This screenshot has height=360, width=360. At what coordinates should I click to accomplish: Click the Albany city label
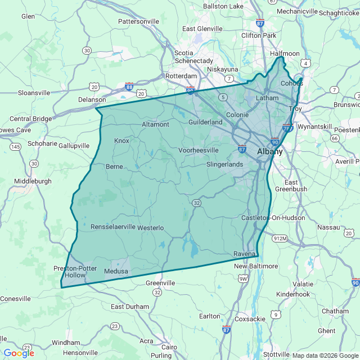click(270, 152)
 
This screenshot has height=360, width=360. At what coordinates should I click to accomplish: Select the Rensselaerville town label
click(113, 227)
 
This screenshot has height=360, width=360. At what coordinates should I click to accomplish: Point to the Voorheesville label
click(198, 151)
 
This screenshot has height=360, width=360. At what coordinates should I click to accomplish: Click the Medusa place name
click(116, 272)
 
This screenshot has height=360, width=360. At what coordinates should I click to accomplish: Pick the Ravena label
click(245, 254)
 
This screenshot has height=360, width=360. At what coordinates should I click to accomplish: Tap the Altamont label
click(155, 124)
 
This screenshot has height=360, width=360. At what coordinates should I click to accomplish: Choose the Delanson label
click(92, 99)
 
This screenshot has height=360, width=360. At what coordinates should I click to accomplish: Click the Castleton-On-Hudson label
click(273, 218)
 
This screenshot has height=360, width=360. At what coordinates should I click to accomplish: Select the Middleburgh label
click(33, 181)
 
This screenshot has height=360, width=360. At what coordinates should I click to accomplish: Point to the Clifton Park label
click(259, 35)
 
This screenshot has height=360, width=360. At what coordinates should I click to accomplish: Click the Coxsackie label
click(250, 318)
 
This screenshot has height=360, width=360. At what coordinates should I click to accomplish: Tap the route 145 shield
click(16, 147)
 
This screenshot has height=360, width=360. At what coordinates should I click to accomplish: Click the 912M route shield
click(280, 238)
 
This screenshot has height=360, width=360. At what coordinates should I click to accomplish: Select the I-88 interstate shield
click(130, 87)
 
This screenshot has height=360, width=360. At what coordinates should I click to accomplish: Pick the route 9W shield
click(243, 278)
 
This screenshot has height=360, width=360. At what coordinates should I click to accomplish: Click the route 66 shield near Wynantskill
click(334, 138)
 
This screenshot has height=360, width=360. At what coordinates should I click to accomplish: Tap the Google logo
click(19, 353)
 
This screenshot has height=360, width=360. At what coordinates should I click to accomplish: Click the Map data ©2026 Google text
click(325, 355)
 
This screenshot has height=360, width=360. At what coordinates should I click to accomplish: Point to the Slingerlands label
click(224, 164)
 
